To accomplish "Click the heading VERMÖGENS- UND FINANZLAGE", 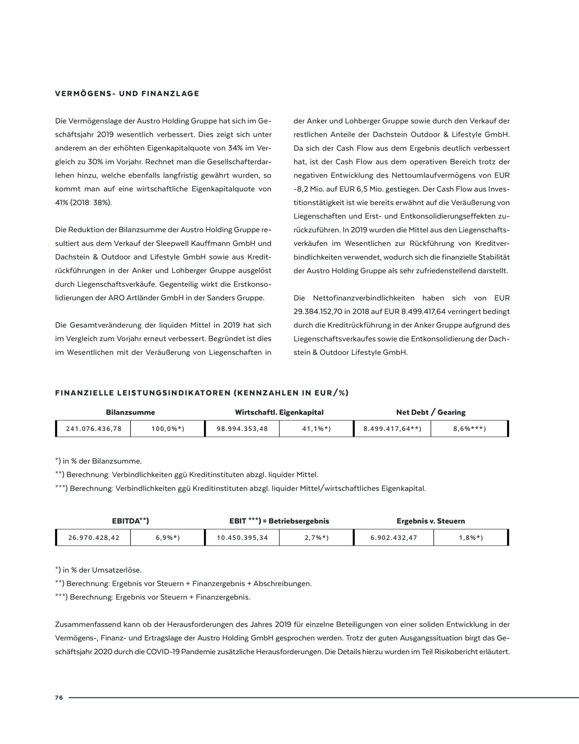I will coord(127,93).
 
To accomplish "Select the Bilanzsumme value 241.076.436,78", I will coord(94,429).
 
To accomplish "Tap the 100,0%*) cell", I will coord(168,429).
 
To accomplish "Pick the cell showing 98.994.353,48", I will coord(242,429).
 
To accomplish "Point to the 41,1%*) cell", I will coord(316,429).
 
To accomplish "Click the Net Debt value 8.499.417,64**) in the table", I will coord(392,429).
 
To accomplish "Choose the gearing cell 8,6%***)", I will coord(470,429).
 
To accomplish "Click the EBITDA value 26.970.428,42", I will coord(94,538).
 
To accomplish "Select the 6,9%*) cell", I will coord(168,538).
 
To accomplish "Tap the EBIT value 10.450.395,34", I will coord(242,538).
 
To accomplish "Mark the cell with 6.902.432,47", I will coord(394,538).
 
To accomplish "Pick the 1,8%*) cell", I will coord(471,538).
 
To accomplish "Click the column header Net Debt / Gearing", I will coord(431,412).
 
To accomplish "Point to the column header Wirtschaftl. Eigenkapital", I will coord(279,412).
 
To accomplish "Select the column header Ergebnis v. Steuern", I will coord(431,521).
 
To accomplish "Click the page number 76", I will coord(59,697).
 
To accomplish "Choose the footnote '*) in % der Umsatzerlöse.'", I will coord(98,570).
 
